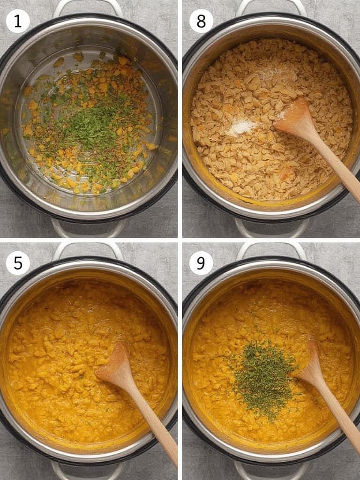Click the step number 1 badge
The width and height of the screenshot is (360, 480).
[18, 21]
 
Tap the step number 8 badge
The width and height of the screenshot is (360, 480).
[201, 21]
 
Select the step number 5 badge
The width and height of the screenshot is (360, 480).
[18, 263]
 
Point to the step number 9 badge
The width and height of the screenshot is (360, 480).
[201, 263]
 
